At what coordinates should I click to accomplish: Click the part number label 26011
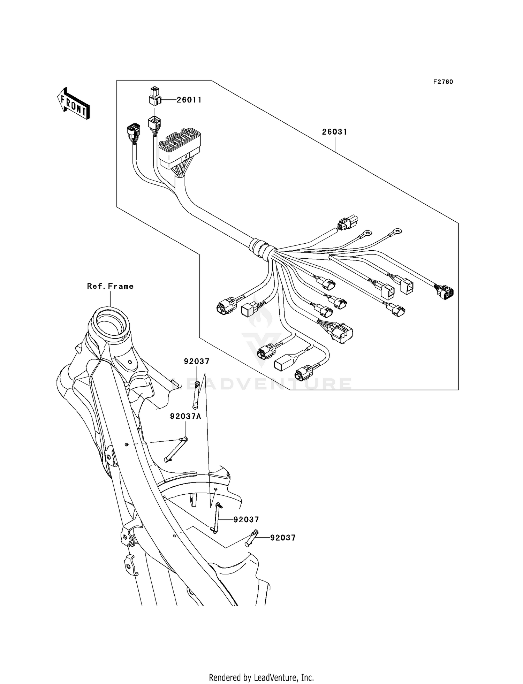(189, 100)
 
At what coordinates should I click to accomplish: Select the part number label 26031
(334, 132)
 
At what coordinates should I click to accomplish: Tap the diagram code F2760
(443, 82)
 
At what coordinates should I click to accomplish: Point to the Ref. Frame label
(110, 286)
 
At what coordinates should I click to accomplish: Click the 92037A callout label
(185, 416)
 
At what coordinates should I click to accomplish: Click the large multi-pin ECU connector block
(179, 149)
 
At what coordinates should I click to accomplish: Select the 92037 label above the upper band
(197, 362)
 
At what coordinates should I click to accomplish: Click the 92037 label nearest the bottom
(283, 538)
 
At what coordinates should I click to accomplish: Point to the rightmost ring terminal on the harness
(396, 231)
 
